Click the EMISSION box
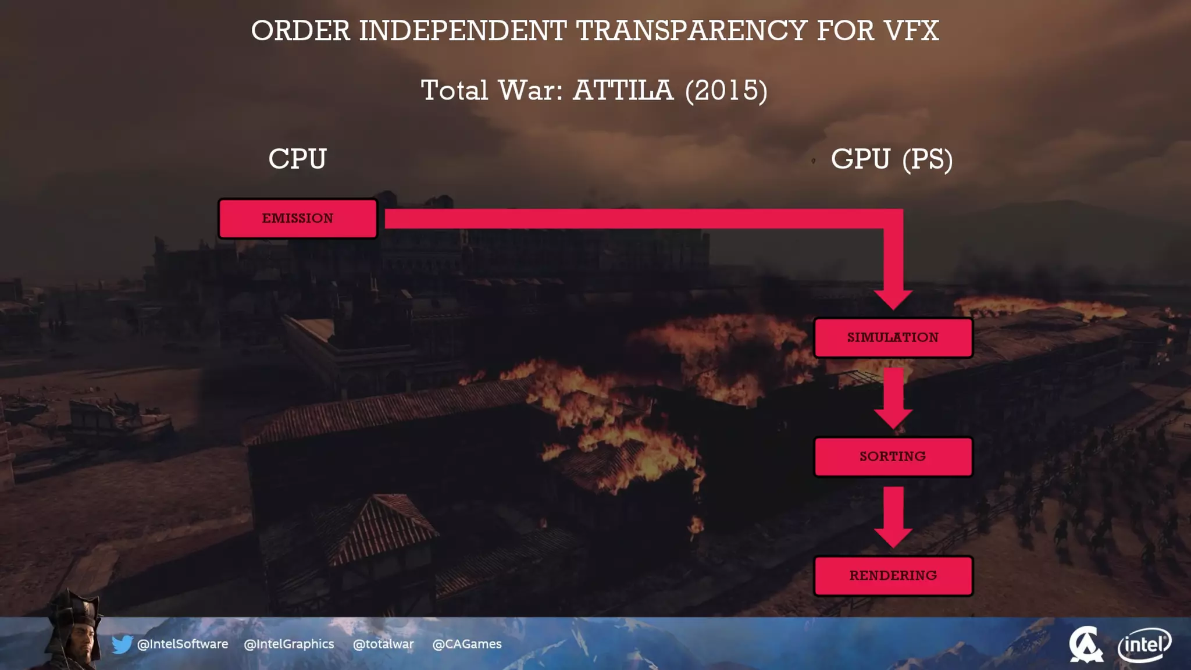point(298,219)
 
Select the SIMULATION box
point(893,338)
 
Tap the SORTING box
point(893,457)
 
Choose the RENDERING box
point(893,576)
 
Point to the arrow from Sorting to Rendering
point(893,516)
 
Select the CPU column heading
point(297,159)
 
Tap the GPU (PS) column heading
point(892,159)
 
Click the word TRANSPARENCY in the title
point(691,31)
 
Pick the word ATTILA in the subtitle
point(623,91)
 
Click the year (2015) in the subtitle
point(726,91)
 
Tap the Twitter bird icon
point(122,644)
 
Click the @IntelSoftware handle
point(182,644)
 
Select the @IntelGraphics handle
point(289,644)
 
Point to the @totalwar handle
point(383,644)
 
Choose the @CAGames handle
point(467,644)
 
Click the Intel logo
point(1144,644)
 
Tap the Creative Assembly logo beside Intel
point(1085,644)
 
